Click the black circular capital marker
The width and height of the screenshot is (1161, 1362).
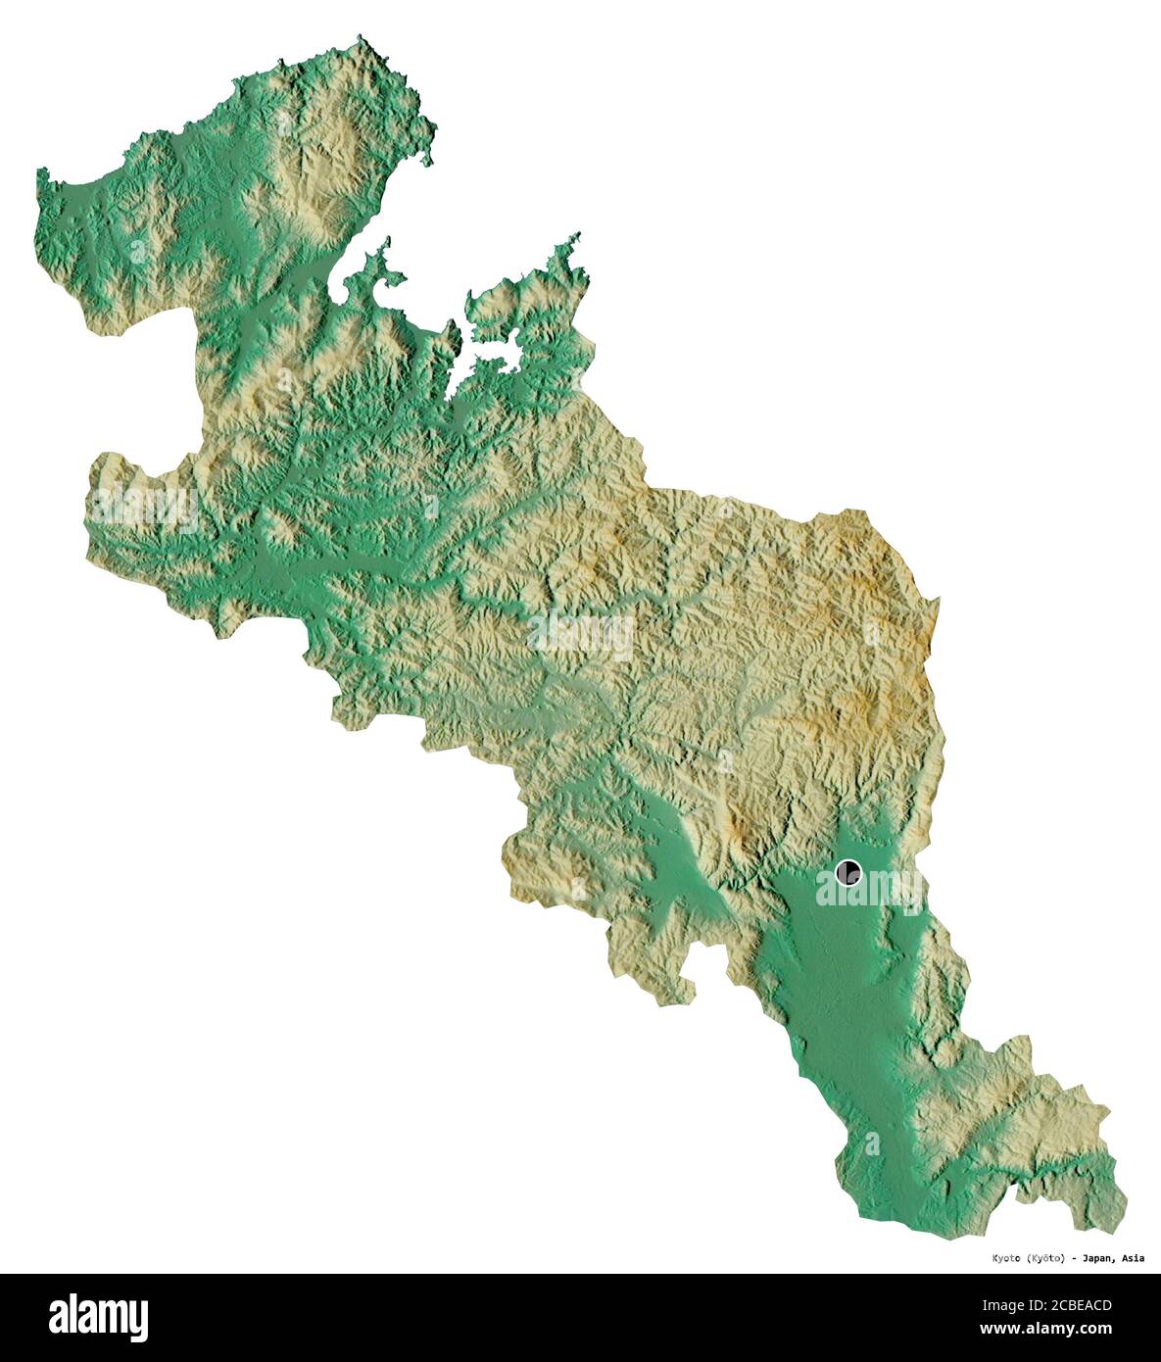848,871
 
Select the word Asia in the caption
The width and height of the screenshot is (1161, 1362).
1132,1258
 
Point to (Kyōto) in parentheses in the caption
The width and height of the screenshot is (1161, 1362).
1044,1258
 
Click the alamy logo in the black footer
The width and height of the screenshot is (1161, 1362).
99,1317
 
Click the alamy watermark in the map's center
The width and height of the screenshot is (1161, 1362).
581,636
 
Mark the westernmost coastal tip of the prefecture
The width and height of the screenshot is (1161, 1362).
41,174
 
